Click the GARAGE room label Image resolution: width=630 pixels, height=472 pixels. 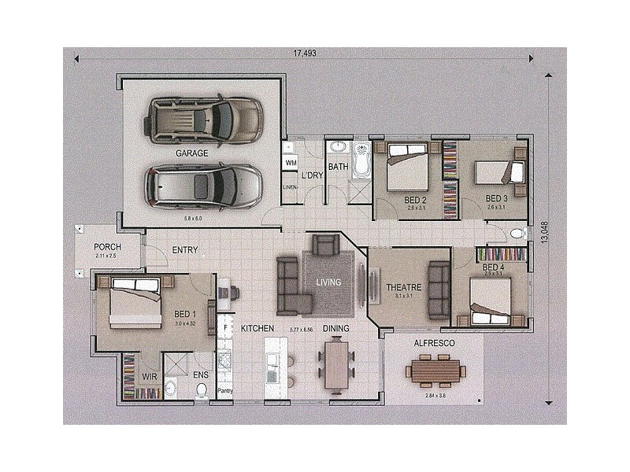click(191, 153)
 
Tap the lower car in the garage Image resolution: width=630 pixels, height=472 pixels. click(202, 186)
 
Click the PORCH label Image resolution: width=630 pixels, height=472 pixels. click(107, 247)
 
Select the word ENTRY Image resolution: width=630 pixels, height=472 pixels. click(185, 251)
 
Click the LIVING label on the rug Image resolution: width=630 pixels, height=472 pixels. click(329, 282)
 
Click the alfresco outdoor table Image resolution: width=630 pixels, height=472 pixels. click(435, 370)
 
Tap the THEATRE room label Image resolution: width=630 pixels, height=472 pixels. click(404, 288)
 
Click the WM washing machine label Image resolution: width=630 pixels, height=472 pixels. click(291, 163)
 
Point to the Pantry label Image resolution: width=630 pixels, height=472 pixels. click(225, 390)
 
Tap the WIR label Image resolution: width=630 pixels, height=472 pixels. click(150, 377)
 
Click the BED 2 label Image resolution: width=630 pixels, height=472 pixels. click(415, 201)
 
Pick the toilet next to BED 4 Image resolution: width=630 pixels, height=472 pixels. click(517, 233)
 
